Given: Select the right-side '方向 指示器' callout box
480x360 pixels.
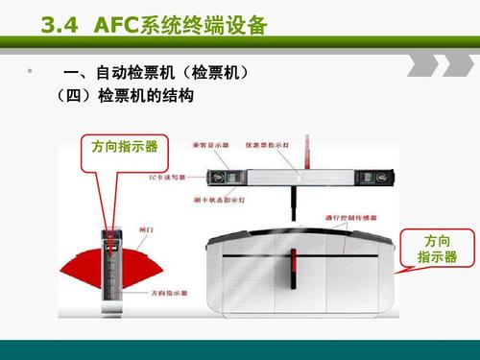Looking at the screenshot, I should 437,248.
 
